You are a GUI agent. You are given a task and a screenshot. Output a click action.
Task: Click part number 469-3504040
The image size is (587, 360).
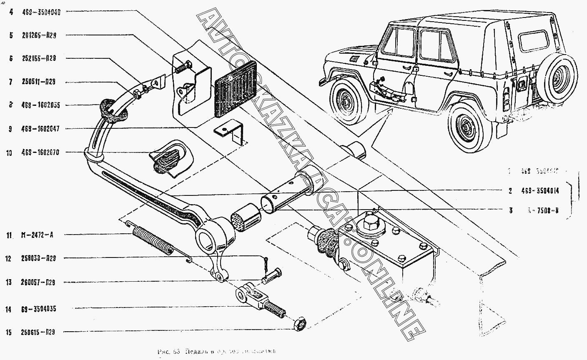point(41,12)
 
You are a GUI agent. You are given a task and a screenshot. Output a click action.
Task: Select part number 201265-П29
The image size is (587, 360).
point(39,36)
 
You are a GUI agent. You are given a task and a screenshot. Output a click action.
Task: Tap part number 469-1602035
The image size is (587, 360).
point(41,105)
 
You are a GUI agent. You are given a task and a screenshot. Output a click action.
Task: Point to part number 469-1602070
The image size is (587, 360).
point(41,153)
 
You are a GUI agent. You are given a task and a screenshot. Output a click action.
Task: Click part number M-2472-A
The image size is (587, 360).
point(37,235)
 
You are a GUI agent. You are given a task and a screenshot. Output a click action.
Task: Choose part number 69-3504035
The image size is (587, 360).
point(38,309)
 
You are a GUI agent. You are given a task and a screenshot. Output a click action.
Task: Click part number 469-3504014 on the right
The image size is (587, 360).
point(539,191)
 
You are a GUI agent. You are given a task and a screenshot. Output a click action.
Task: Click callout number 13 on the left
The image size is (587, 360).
point(8,282)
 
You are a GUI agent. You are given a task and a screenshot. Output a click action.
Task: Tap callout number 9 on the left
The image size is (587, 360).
point(10,129)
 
